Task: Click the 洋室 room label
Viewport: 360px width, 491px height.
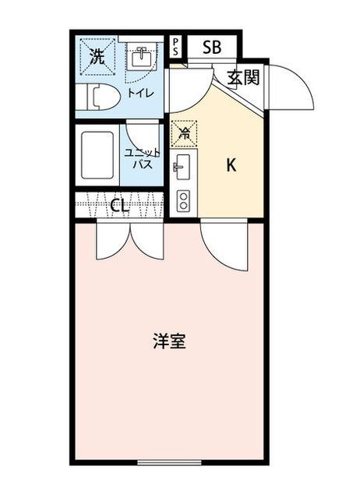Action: pyautogui.click(x=169, y=341)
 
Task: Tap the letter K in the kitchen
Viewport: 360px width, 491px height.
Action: pyautogui.click(x=231, y=165)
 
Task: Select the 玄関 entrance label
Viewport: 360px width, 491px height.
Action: pyautogui.click(x=244, y=77)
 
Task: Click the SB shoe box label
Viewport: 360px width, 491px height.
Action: pyautogui.click(x=212, y=48)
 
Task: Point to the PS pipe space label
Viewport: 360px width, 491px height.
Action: pyautogui.click(x=175, y=47)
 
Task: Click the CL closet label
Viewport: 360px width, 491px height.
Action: pyautogui.click(x=120, y=206)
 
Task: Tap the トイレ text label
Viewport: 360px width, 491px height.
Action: pyautogui.click(x=140, y=93)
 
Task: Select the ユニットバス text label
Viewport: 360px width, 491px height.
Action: pyautogui.click(x=143, y=158)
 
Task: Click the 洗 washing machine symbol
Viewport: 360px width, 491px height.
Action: pyautogui.click(x=97, y=57)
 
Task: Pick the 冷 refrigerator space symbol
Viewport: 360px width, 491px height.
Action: pyautogui.click(x=184, y=134)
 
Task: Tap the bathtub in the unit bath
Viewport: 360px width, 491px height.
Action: pyautogui.click(x=97, y=155)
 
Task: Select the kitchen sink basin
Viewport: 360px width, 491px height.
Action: pyautogui.click(x=183, y=168)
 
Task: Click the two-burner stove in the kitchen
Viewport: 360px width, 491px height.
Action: pyautogui.click(x=183, y=200)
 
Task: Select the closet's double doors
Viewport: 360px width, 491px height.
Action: pyautogui.click(x=130, y=240)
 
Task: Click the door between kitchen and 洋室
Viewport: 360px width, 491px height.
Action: pyautogui.click(x=224, y=245)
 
